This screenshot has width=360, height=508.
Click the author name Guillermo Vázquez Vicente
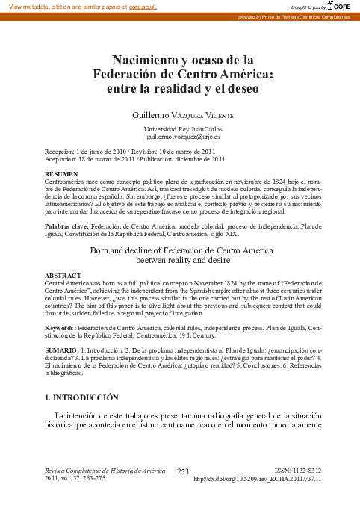[182, 115]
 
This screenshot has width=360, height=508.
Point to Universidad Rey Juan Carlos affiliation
[182, 129]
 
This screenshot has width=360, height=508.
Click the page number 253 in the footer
[183, 471]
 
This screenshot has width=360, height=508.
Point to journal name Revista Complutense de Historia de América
[105, 471]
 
